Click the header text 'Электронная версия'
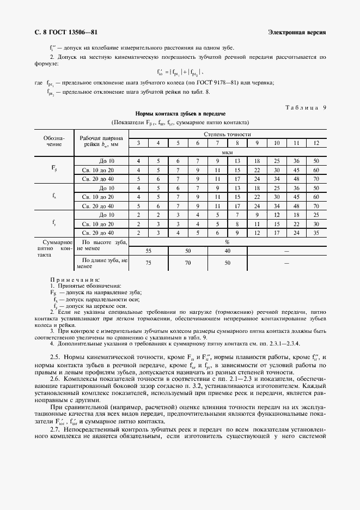297,32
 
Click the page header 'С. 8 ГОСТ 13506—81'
62,32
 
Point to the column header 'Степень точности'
227,133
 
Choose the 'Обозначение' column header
54,142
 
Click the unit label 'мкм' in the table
227,152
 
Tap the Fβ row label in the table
54,169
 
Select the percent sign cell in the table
227,241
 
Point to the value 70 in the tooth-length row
187,263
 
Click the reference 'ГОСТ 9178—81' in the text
221,83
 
